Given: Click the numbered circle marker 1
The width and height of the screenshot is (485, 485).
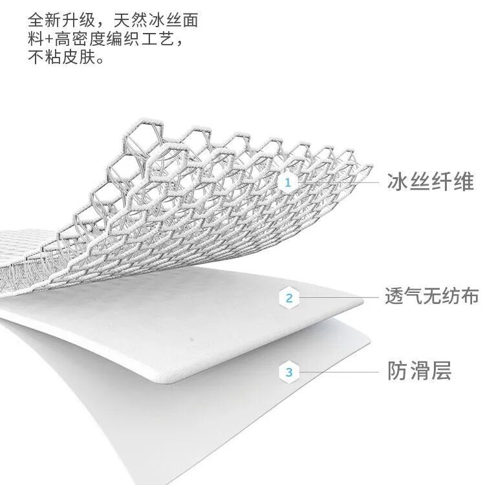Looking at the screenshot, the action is (x=288, y=183).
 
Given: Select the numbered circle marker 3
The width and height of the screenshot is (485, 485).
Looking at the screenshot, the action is (x=289, y=372).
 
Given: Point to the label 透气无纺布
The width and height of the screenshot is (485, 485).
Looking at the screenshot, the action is (x=432, y=297).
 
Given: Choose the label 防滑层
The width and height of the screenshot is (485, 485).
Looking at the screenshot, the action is (x=419, y=371).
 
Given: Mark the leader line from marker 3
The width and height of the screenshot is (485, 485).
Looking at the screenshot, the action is (x=339, y=372).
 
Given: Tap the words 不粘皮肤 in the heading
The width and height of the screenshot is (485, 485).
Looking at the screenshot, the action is (x=61, y=58).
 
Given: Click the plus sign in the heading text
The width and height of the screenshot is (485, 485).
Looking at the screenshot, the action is (x=48, y=39).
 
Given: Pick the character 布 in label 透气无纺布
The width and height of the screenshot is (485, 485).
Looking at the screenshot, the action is (x=469, y=297).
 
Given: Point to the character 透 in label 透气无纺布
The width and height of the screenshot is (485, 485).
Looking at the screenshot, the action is (x=395, y=297).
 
